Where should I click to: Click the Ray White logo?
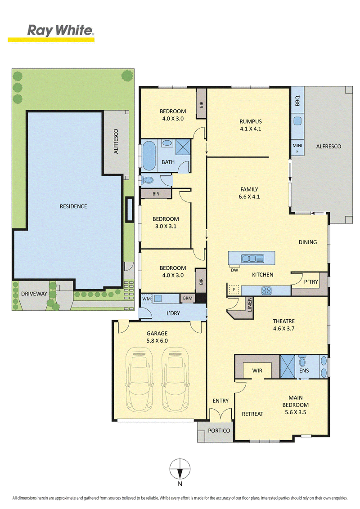tap(51, 33)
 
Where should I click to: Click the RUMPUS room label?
tap(251, 121)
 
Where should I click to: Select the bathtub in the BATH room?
tap(149, 156)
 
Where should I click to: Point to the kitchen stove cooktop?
tap(266, 290)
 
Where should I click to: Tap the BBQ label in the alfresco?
tap(297, 101)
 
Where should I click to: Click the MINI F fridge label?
tap(297, 148)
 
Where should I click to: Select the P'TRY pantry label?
tap(311, 282)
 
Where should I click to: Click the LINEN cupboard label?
tap(250, 304)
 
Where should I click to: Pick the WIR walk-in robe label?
tap(257, 371)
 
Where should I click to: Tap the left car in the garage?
tap(139, 380)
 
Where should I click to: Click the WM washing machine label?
tap(147, 299)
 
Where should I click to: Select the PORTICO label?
tap(219, 430)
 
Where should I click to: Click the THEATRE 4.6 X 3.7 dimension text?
tap(283, 329)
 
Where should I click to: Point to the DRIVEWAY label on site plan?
tap(34, 294)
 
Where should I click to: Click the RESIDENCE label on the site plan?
tap(73, 206)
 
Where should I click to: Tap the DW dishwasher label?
tap(234, 270)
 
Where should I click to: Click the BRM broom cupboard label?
tap(188, 298)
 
